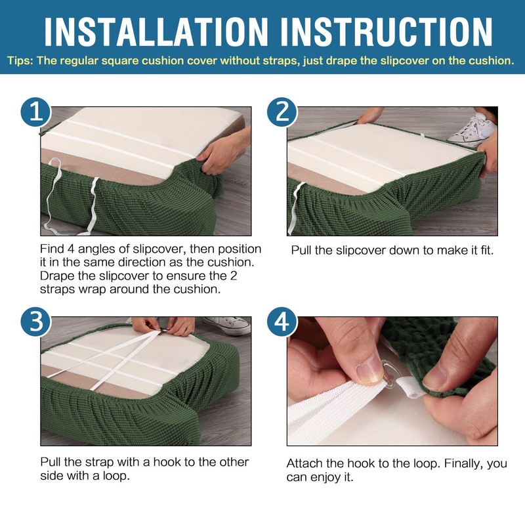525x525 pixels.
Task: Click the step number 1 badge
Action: click(36, 112)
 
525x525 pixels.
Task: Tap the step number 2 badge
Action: click(282, 112)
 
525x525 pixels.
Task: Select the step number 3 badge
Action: click(36, 322)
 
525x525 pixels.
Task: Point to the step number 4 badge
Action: click(282, 322)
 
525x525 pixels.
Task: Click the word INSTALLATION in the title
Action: click(156, 31)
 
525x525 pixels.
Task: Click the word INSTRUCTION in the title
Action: click(387, 31)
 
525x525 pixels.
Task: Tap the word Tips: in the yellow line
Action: click(20, 61)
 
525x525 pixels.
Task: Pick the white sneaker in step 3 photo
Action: click(226, 325)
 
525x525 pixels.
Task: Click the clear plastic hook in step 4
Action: click(388, 371)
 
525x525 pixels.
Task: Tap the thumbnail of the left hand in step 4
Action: click(369, 371)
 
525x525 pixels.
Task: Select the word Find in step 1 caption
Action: click(52, 249)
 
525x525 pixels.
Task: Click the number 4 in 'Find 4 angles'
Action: click(71, 249)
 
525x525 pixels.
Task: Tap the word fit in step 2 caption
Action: click(486, 250)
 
